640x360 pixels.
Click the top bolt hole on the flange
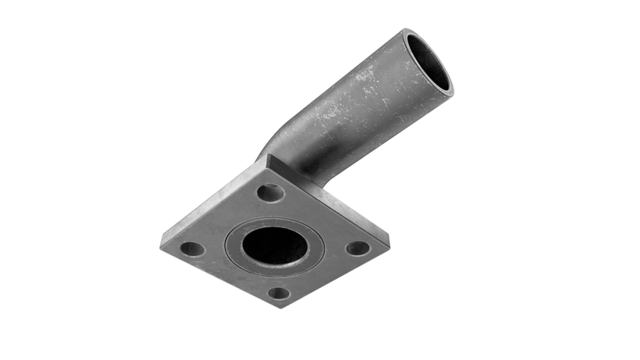pyautogui.click(x=271, y=193)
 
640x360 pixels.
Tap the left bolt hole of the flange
pyautogui.click(x=192, y=249)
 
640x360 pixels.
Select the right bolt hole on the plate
pyautogui.click(x=357, y=248)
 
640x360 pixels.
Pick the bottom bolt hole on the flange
pyautogui.click(x=279, y=294)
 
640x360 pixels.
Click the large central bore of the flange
pyautogui.click(x=274, y=246)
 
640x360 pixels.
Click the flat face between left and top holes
pyautogui.click(x=227, y=220)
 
